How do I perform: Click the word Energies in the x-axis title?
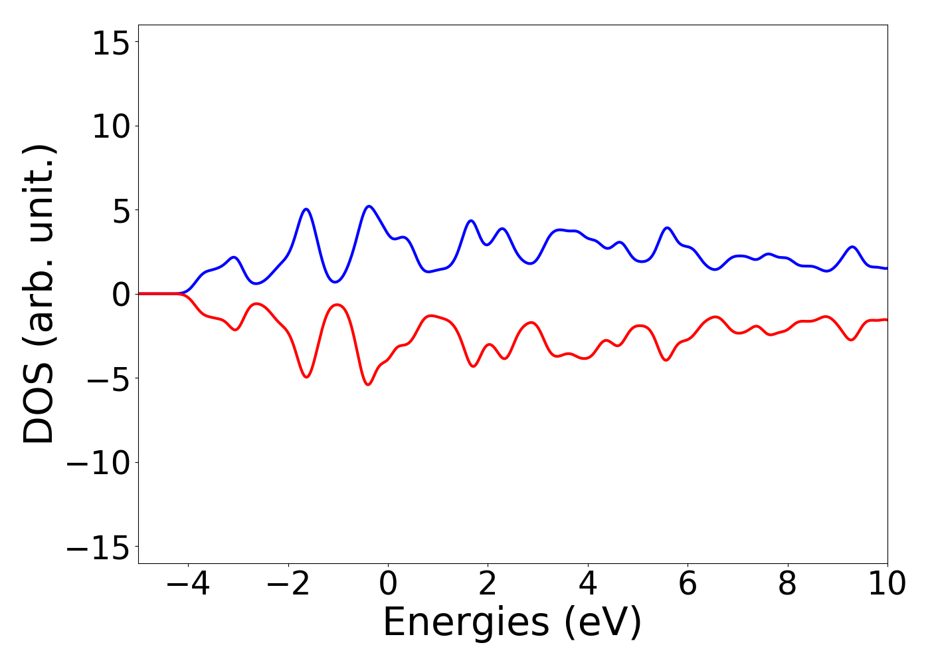[466, 623]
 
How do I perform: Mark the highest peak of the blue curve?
[369, 206]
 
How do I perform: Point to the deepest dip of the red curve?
[368, 384]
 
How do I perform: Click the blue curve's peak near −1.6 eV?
[306, 209]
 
